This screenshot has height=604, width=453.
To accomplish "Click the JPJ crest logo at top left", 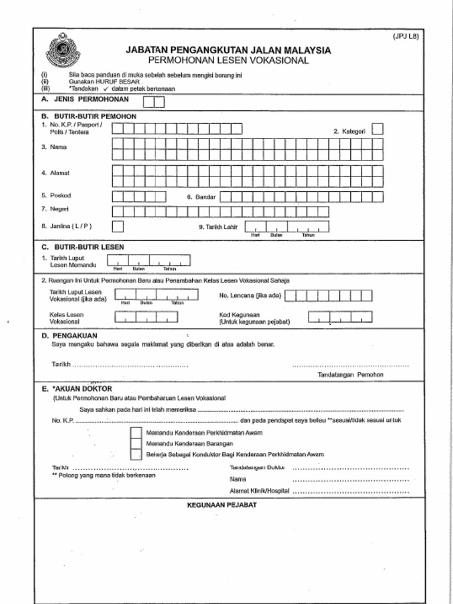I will coord(63,51).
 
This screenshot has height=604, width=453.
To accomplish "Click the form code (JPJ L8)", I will coord(406,37).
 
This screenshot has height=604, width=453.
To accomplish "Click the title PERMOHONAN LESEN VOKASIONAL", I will coord(228,61).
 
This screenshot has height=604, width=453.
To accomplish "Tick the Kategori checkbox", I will coord(377,129).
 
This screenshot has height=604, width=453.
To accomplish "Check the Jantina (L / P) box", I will coord(118,226).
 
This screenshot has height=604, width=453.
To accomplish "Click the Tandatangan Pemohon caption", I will coord(350,375).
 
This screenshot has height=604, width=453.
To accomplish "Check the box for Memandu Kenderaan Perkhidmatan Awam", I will coord(136,433).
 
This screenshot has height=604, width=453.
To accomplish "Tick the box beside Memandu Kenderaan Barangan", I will coord(136,444).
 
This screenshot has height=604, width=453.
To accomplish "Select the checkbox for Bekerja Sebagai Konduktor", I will coord(136,454).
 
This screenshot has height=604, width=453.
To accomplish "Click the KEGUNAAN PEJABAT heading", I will coord(221,505).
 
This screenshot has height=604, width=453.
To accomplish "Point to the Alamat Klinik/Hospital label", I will coord(259,491).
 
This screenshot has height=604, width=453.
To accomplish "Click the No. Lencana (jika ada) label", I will coord(250,295).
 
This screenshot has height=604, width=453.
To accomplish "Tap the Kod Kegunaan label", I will coord(239,315).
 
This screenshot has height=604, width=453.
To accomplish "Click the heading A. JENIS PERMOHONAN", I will coord(85,100).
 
